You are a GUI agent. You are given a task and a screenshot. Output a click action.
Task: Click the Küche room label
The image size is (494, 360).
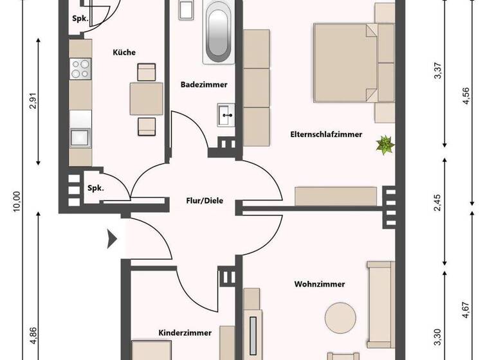click(x=123, y=53)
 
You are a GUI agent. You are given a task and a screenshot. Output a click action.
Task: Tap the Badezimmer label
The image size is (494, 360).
click(x=204, y=85)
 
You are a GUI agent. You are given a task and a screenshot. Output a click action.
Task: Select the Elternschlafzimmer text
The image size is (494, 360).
click(x=325, y=134)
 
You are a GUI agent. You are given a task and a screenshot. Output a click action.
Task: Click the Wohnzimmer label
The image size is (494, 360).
click(x=320, y=283)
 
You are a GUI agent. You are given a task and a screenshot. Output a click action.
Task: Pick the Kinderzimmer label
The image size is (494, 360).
click(x=185, y=332)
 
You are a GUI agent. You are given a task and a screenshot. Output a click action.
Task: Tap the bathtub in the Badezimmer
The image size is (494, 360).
click(x=217, y=36)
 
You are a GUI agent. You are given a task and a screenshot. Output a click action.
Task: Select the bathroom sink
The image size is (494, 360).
click(x=226, y=116)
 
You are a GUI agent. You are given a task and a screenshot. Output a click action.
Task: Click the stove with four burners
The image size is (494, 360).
click(x=80, y=68)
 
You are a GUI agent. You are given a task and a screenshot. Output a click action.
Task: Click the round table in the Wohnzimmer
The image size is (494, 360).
click(x=340, y=318)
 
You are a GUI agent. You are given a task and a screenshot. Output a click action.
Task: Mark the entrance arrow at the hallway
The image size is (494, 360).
click(x=113, y=240)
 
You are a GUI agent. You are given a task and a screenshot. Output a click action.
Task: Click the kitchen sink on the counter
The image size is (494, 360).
click(x=80, y=137)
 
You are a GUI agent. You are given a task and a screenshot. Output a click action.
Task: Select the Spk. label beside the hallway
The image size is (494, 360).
click(x=96, y=188)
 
